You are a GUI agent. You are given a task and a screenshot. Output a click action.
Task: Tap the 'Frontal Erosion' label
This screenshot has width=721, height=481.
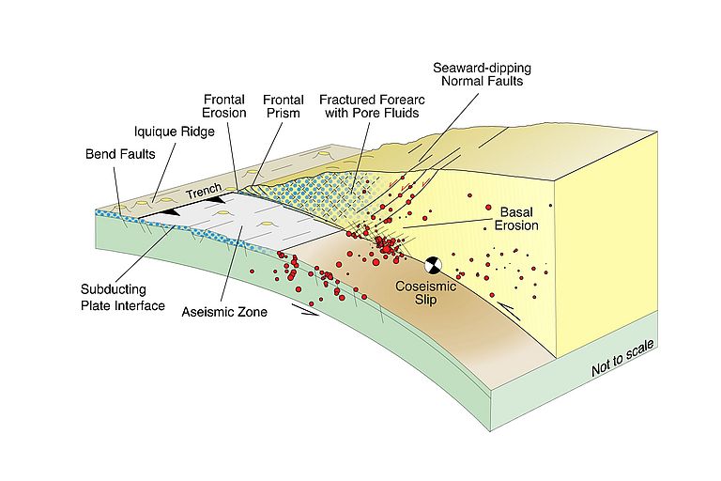pos(224,105)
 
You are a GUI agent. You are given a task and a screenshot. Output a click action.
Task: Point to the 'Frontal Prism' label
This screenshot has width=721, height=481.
pos(283,105)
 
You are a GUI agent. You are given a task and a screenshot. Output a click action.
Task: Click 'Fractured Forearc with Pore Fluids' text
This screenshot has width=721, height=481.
pos(368,105)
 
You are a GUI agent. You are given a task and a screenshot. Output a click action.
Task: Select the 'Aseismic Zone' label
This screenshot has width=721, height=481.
pos(224,311)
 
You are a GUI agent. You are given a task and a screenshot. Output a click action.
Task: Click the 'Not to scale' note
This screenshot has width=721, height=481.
pos(621,360)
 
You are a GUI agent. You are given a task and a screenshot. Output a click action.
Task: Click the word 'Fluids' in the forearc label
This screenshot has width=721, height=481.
pos(398,113)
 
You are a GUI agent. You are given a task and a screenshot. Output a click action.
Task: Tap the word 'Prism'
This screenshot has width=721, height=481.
pos(283,113)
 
